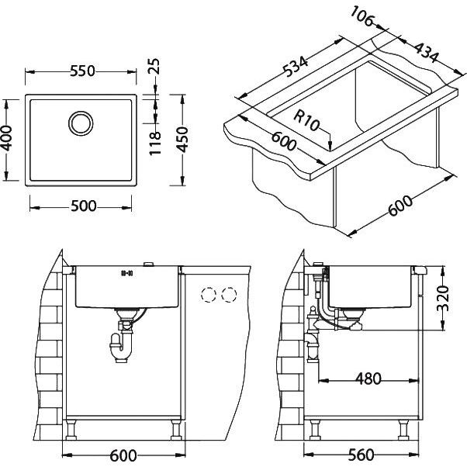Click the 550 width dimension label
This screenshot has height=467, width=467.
(82, 71)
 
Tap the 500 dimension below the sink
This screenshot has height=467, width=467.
(84, 206)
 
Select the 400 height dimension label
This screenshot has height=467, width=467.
(6, 138)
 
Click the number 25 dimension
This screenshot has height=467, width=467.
(154, 66)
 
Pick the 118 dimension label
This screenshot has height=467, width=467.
(154, 144)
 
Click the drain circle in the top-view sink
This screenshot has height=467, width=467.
(81, 123)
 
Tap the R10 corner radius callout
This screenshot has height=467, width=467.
(306, 119)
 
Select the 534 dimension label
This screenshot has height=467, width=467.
(295, 67)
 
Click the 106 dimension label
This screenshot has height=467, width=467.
(361, 16)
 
